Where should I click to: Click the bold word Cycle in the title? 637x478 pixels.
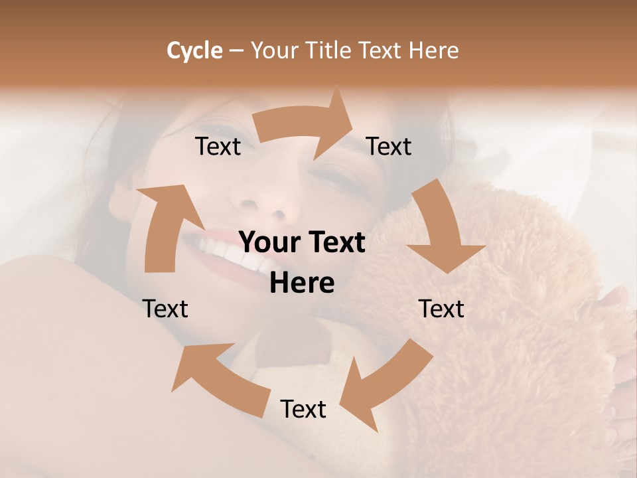194,50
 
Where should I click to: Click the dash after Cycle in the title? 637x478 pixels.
236,50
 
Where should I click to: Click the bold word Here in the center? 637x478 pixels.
302,283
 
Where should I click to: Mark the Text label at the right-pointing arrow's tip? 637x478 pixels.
389,146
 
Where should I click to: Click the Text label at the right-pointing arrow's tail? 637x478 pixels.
218,146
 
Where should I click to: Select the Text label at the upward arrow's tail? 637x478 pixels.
165,309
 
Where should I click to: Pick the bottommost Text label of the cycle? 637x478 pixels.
303,409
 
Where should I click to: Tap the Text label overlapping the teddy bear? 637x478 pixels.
441,309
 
